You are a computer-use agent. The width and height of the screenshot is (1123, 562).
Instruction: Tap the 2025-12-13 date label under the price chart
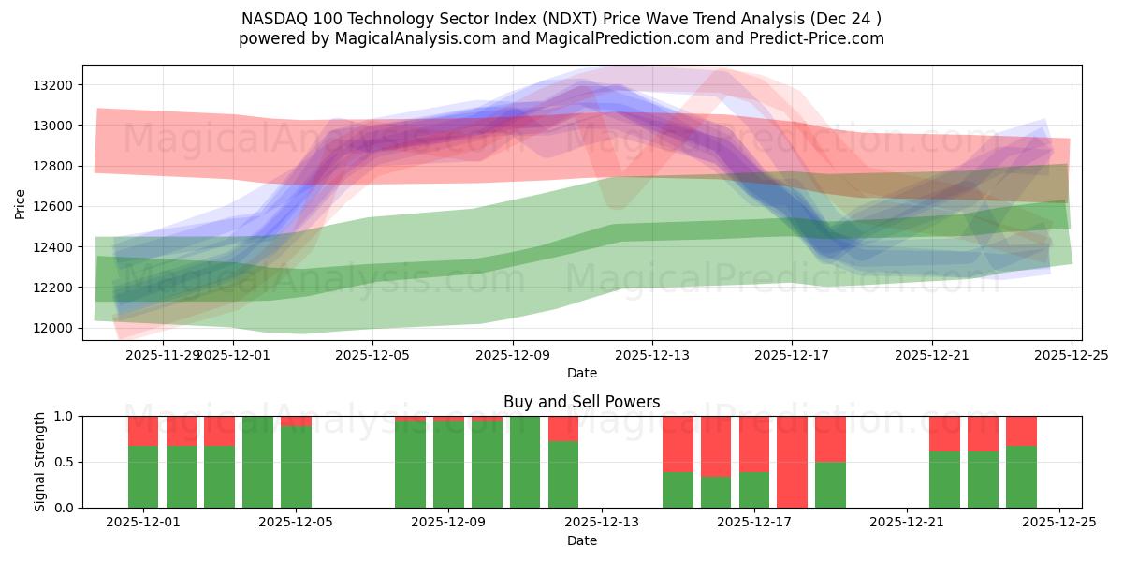pyautogui.click(x=652, y=355)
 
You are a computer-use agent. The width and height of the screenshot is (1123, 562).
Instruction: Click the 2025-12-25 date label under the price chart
pyautogui.click(x=1072, y=355)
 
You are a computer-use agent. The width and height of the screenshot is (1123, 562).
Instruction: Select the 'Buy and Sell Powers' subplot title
pyautogui.click(x=581, y=402)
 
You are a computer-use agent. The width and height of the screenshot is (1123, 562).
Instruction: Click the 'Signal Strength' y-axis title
pyautogui.click(x=40, y=462)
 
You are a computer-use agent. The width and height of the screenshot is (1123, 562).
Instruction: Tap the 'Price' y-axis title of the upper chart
pyautogui.click(x=21, y=202)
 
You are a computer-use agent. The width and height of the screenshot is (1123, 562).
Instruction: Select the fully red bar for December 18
pyautogui.click(x=792, y=462)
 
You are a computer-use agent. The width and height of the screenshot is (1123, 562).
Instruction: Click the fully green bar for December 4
pyautogui.click(x=257, y=462)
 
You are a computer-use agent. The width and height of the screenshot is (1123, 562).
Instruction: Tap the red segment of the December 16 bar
pyautogui.click(x=716, y=446)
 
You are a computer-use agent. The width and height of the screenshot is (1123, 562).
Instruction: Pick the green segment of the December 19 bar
pyautogui.click(x=830, y=484)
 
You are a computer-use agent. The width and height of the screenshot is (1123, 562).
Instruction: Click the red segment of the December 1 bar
pyautogui.click(x=143, y=431)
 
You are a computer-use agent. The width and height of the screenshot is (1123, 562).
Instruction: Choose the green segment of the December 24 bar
pyautogui.click(x=1021, y=477)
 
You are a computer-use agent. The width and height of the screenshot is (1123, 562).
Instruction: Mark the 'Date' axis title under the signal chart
pyautogui.click(x=581, y=540)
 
